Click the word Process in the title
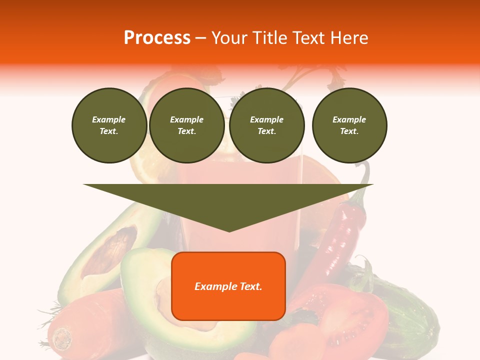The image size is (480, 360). pos(157,38)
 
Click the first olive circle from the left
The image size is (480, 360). pos(109,125)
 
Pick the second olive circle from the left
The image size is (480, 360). pos(186,125)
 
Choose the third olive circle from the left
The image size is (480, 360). pos(266,125)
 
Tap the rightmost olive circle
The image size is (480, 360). pos(349,125)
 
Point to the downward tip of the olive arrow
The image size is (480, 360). pos(229,230)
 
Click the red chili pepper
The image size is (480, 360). pos(340,235)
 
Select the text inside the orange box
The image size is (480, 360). pos(228,286)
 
